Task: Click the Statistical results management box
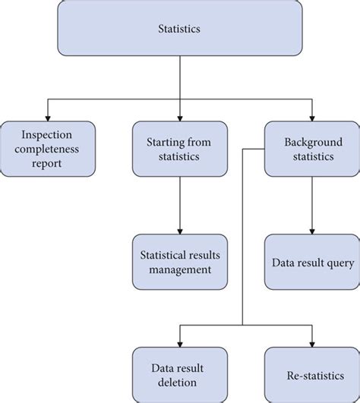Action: [180, 261]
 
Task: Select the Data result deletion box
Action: [180, 374]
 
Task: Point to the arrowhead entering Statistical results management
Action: [180, 230]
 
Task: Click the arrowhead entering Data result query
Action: [311, 230]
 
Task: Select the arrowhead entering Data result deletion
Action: [180, 342]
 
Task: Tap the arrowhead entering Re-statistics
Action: [311, 342]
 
